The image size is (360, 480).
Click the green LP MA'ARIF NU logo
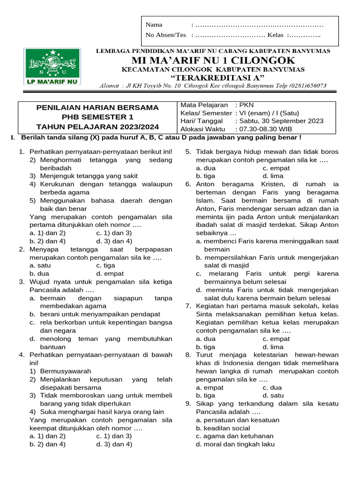(x=52, y=66)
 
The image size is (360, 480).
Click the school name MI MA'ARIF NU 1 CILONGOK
(x=213, y=60)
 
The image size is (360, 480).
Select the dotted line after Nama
(x=258, y=25)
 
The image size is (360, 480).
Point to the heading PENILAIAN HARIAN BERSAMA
(x=97, y=107)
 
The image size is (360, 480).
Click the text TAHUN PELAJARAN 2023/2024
(x=97, y=127)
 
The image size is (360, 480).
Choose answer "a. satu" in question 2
(x=40, y=265)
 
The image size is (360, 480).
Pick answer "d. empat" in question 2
(x=110, y=273)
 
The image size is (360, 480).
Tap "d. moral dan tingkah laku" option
(x=235, y=444)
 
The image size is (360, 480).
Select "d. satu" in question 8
(x=273, y=395)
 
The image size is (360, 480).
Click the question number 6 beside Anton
(x=188, y=184)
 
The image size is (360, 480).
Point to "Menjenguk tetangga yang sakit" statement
(x=83, y=176)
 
